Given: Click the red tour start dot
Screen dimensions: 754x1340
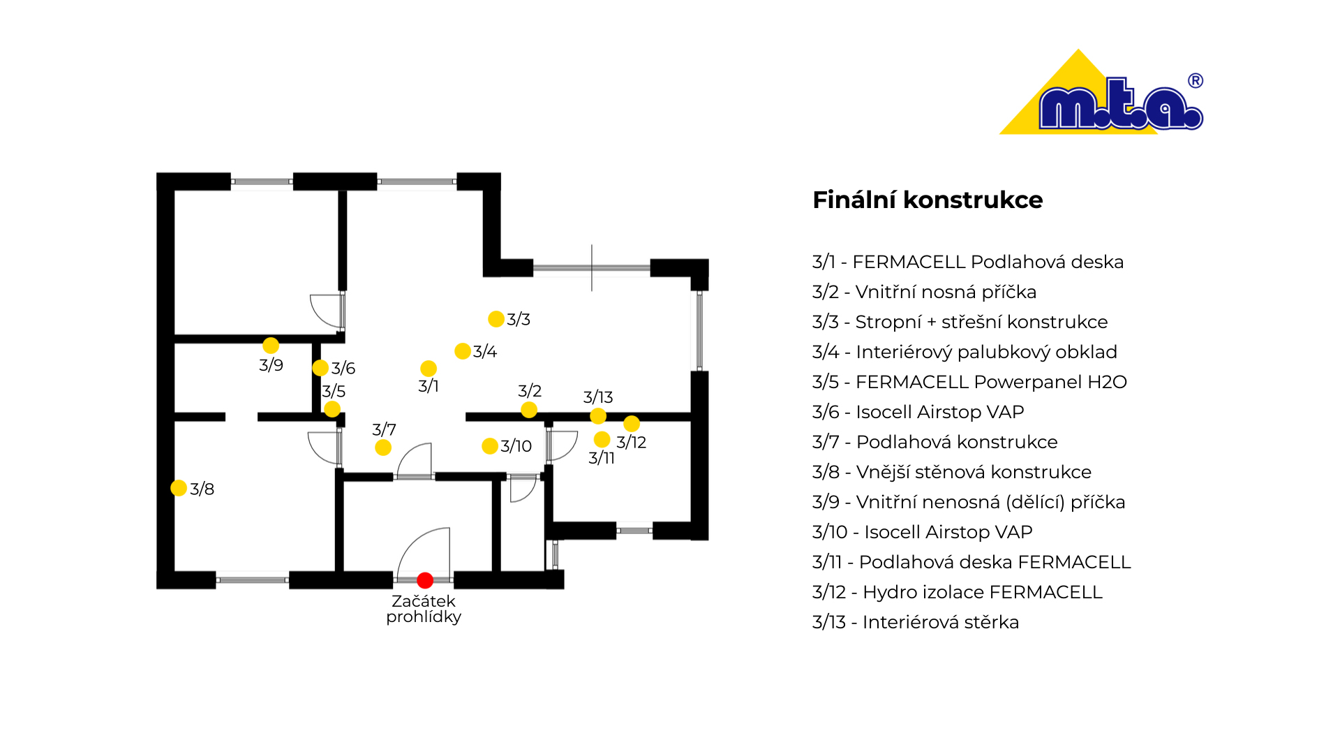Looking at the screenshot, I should pos(425,580).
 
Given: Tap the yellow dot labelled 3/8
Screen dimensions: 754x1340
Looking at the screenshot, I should pos(179,488).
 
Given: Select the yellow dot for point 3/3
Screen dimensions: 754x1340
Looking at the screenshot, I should pos(496,319).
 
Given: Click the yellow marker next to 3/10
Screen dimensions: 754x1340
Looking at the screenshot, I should pos(490,446).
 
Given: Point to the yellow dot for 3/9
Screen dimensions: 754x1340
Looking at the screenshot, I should pos(271,346).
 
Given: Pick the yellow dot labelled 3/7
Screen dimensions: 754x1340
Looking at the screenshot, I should pos(383,448).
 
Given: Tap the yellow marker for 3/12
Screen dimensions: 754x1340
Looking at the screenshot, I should pos(632,424).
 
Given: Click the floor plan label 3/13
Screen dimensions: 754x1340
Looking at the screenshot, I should pos(598,397).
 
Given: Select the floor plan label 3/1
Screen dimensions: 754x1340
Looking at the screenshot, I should pos(429,386).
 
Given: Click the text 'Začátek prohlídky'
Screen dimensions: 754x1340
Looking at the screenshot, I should pos(424,609).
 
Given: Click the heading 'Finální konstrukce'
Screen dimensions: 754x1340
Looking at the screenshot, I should pos(928,200).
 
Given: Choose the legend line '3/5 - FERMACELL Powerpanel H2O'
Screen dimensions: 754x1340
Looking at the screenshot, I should pos(969,382).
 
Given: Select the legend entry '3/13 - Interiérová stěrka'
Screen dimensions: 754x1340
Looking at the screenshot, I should pos(916,622).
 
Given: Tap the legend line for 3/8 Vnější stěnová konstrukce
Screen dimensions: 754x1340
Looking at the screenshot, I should pos(952,472).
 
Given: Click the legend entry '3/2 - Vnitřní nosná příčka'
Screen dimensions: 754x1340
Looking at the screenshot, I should pos(924,292).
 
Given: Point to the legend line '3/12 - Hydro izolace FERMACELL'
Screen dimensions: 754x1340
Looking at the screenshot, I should pos(958,592).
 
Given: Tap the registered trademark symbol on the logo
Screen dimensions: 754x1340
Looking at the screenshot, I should pos(1196,81).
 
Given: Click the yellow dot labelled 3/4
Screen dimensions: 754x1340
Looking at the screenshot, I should pos(463,351).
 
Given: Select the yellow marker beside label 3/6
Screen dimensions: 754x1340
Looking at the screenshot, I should pos(320,368).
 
